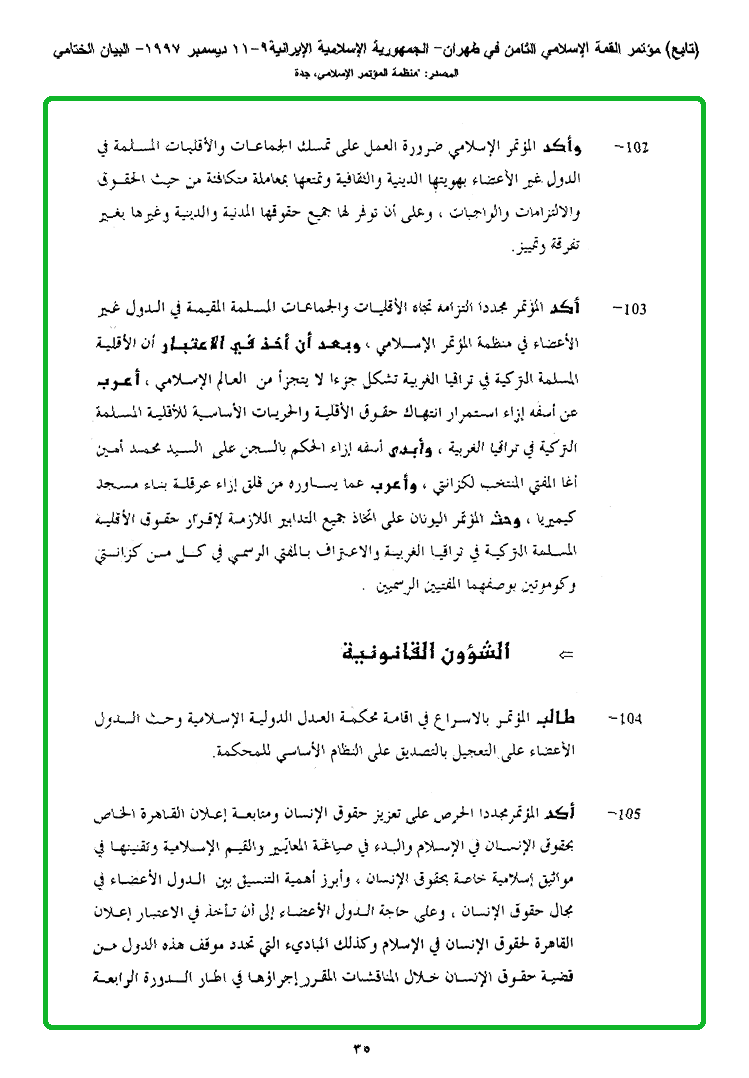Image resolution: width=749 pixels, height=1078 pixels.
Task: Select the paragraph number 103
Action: click(633, 309)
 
